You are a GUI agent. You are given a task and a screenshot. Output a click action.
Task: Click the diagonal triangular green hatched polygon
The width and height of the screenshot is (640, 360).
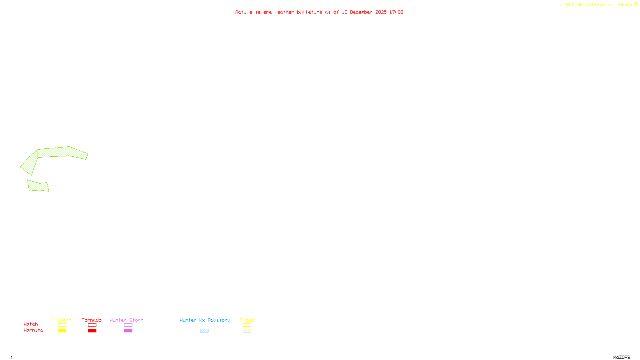coord(30,163)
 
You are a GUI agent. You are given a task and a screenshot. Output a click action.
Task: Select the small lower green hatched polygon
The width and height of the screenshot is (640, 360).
coord(38,186)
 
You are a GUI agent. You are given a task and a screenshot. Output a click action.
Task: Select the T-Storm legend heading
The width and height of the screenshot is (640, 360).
coord(62,320)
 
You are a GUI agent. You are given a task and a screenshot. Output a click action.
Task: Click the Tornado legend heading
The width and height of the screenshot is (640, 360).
coord(92,320)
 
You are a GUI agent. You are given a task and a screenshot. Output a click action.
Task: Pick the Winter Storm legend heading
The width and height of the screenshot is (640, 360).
coord(126,320)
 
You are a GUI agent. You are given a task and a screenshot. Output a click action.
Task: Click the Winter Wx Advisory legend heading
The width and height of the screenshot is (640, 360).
coord(205,320)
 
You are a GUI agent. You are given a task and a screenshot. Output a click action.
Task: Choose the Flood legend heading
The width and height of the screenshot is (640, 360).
coord(247,320)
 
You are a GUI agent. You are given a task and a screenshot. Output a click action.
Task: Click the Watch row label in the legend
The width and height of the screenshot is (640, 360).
coord(31,324)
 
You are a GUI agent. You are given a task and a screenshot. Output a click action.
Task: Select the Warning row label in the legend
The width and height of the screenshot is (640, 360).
coord(34,330)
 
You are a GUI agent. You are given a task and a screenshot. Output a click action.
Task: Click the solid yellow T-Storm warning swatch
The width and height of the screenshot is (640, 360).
coord(62,331)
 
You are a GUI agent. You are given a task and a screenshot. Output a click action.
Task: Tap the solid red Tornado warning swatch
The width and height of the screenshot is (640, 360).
coord(92,331)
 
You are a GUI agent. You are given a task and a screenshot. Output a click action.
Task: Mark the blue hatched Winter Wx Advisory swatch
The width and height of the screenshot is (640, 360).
coord(204,331)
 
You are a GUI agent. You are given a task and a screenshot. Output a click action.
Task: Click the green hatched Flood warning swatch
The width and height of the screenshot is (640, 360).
coord(247,331)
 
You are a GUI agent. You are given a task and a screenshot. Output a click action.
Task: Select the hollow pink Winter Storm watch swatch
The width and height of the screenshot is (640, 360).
coord(128,325)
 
